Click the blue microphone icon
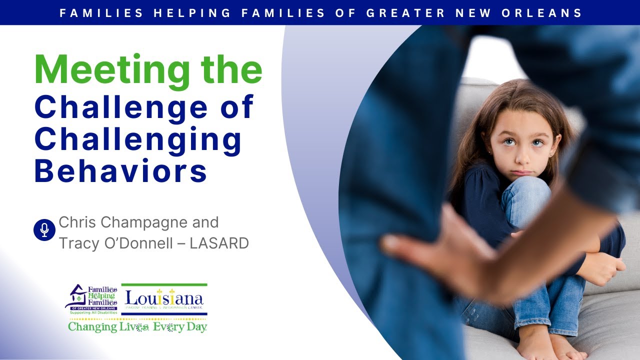[44, 229]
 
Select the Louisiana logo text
[164, 299]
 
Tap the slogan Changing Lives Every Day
[137, 327]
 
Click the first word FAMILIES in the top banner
[100, 13]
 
